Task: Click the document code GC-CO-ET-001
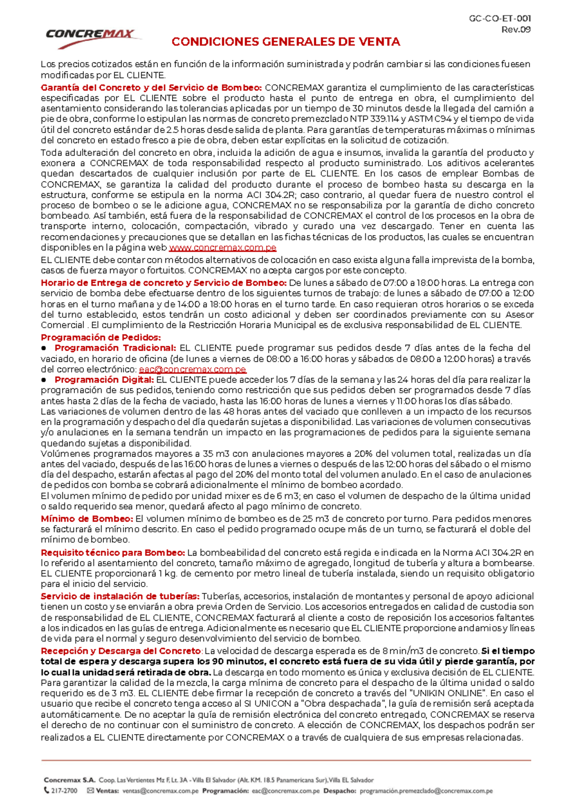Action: click(x=500, y=19)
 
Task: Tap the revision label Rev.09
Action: click(x=516, y=30)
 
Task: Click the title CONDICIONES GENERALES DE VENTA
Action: click(x=286, y=42)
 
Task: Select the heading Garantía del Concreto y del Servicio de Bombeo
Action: click(x=151, y=88)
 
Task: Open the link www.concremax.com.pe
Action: click(x=223, y=248)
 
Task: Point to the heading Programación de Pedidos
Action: click(x=101, y=337)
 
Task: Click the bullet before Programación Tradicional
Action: click(x=44, y=348)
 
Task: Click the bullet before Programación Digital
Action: click(x=44, y=380)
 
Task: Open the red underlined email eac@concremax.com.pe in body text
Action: click(x=192, y=369)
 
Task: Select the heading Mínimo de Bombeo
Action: click(x=87, y=519)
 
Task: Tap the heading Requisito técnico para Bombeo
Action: click(x=112, y=552)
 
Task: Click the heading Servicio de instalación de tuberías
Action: click(x=120, y=596)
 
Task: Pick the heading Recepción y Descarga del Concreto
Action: click(x=121, y=651)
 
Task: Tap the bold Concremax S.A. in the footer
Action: click(x=70, y=780)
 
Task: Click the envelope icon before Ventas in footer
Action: click(x=91, y=791)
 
